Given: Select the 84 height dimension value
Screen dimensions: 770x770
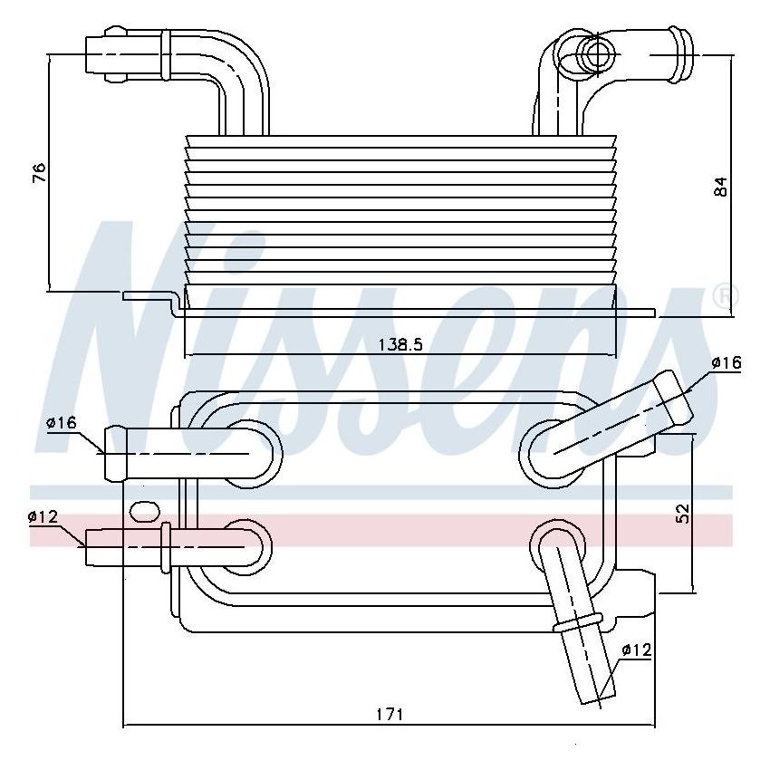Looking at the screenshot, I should [x=720, y=187].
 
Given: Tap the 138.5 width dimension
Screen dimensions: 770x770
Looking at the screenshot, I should [x=400, y=345].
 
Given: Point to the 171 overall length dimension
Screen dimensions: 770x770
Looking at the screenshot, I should [x=390, y=713].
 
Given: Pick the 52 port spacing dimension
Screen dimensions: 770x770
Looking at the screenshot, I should [x=684, y=513].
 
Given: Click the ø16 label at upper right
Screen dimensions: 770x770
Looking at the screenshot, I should [x=727, y=362].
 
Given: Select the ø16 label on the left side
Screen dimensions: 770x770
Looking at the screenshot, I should [x=60, y=423].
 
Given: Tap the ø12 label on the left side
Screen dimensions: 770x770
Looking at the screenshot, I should [x=43, y=516].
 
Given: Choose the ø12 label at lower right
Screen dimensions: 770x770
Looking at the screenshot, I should [x=637, y=650].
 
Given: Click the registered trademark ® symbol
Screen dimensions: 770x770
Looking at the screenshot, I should [x=727, y=296].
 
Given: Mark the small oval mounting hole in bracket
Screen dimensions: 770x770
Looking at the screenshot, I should [x=144, y=512].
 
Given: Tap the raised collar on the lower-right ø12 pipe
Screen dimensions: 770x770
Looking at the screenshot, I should [x=580, y=624].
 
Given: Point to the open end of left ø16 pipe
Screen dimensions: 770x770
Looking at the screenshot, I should [x=111, y=453].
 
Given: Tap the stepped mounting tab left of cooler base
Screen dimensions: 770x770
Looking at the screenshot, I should [x=149, y=300].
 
